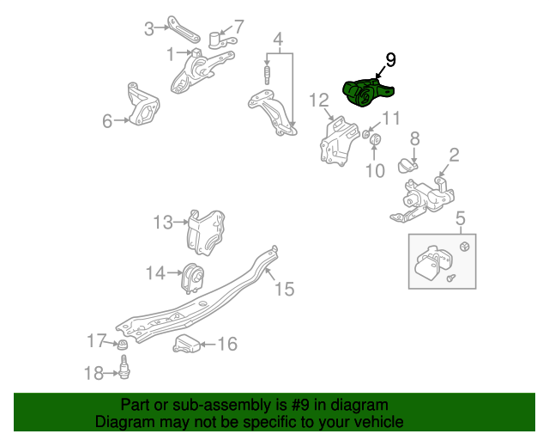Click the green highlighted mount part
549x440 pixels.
[x=367, y=93]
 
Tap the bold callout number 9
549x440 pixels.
[x=390, y=60]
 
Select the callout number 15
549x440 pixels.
[x=284, y=289]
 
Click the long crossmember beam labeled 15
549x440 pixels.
[x=196, y=298]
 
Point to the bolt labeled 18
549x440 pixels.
[x=124, y=367]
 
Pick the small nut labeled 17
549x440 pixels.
[x=122, y=345]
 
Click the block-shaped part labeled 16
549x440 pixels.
[x=186, y=344]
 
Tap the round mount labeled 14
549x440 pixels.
[x=193, y=278]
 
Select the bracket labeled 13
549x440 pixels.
[x=206, y=232]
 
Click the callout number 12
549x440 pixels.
[x=319, y=101]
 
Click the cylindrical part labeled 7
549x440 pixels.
[x=221, y=40]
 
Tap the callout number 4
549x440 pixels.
[x=278, y=40]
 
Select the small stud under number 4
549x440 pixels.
[x=267, y=75]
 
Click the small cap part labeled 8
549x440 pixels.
[x=407, y=166]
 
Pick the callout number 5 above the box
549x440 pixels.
[x=461, y=218]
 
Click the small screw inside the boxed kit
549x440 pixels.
[x=451, y=278]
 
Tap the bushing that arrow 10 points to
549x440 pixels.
[x=376, y=140]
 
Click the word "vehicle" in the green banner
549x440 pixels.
[x=382, y=421]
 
